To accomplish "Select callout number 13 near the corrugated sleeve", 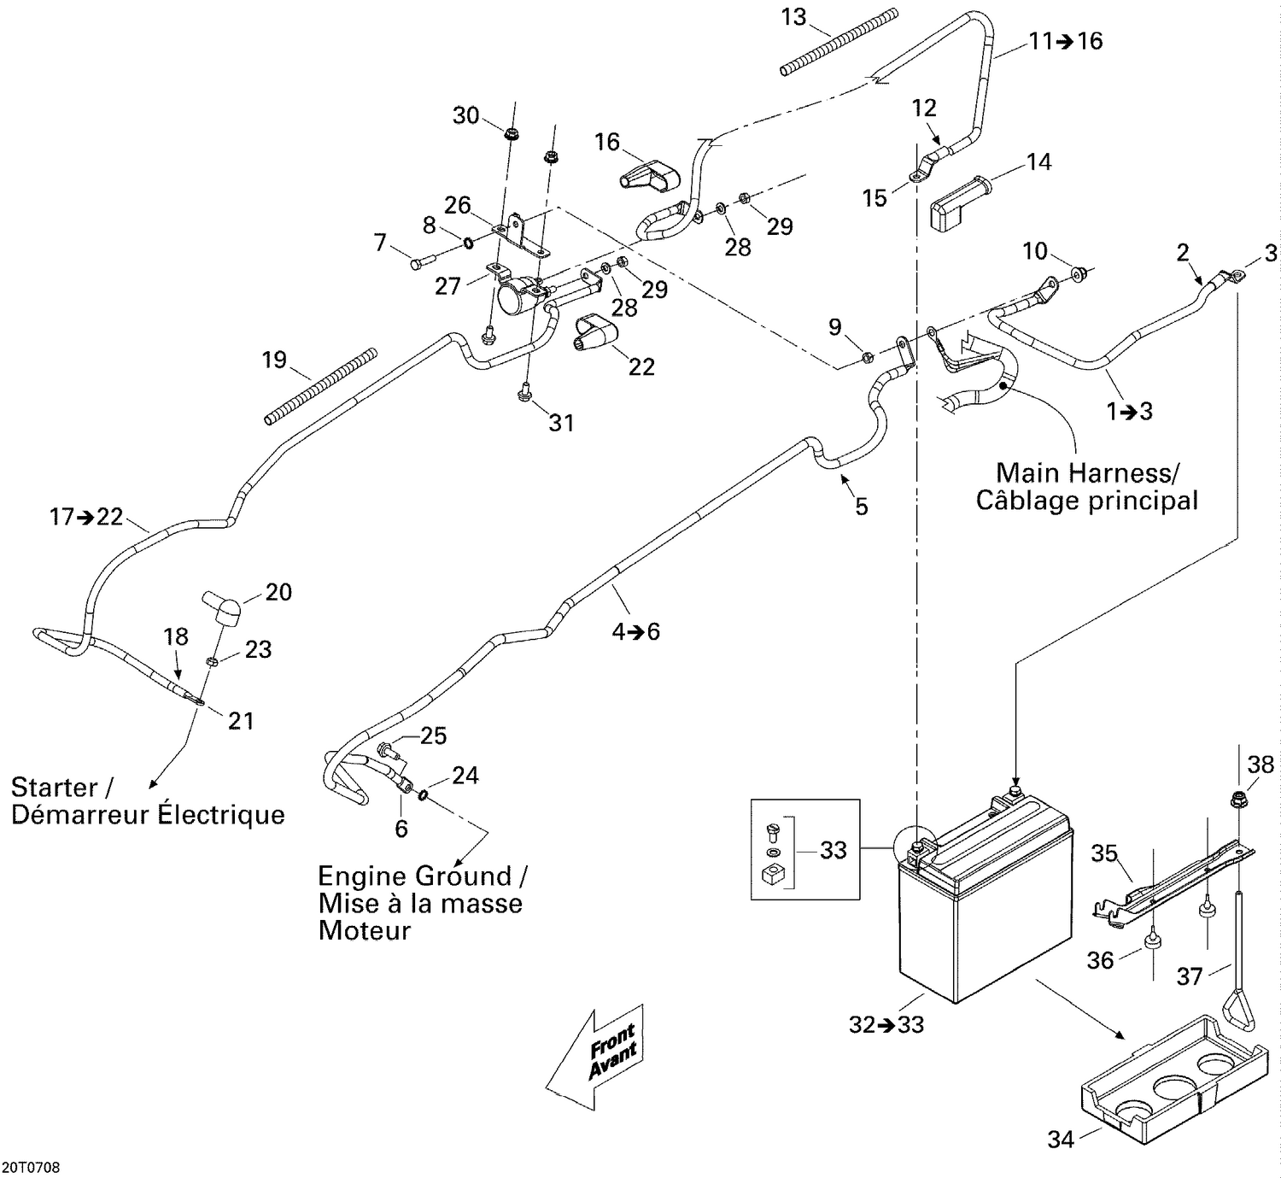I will click(x=793, y=17).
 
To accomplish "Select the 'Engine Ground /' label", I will click(x=422, y=876).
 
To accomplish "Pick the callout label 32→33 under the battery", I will click(x=886, y=1024).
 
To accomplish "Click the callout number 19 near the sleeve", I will click(x=273, y=360).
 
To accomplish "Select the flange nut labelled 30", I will click(x=512, y=133).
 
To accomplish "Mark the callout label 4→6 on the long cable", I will click(x=635, y=631).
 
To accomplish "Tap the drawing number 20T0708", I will click(x=31, y=1167).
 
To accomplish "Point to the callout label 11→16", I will click(x=1065, y=41).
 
